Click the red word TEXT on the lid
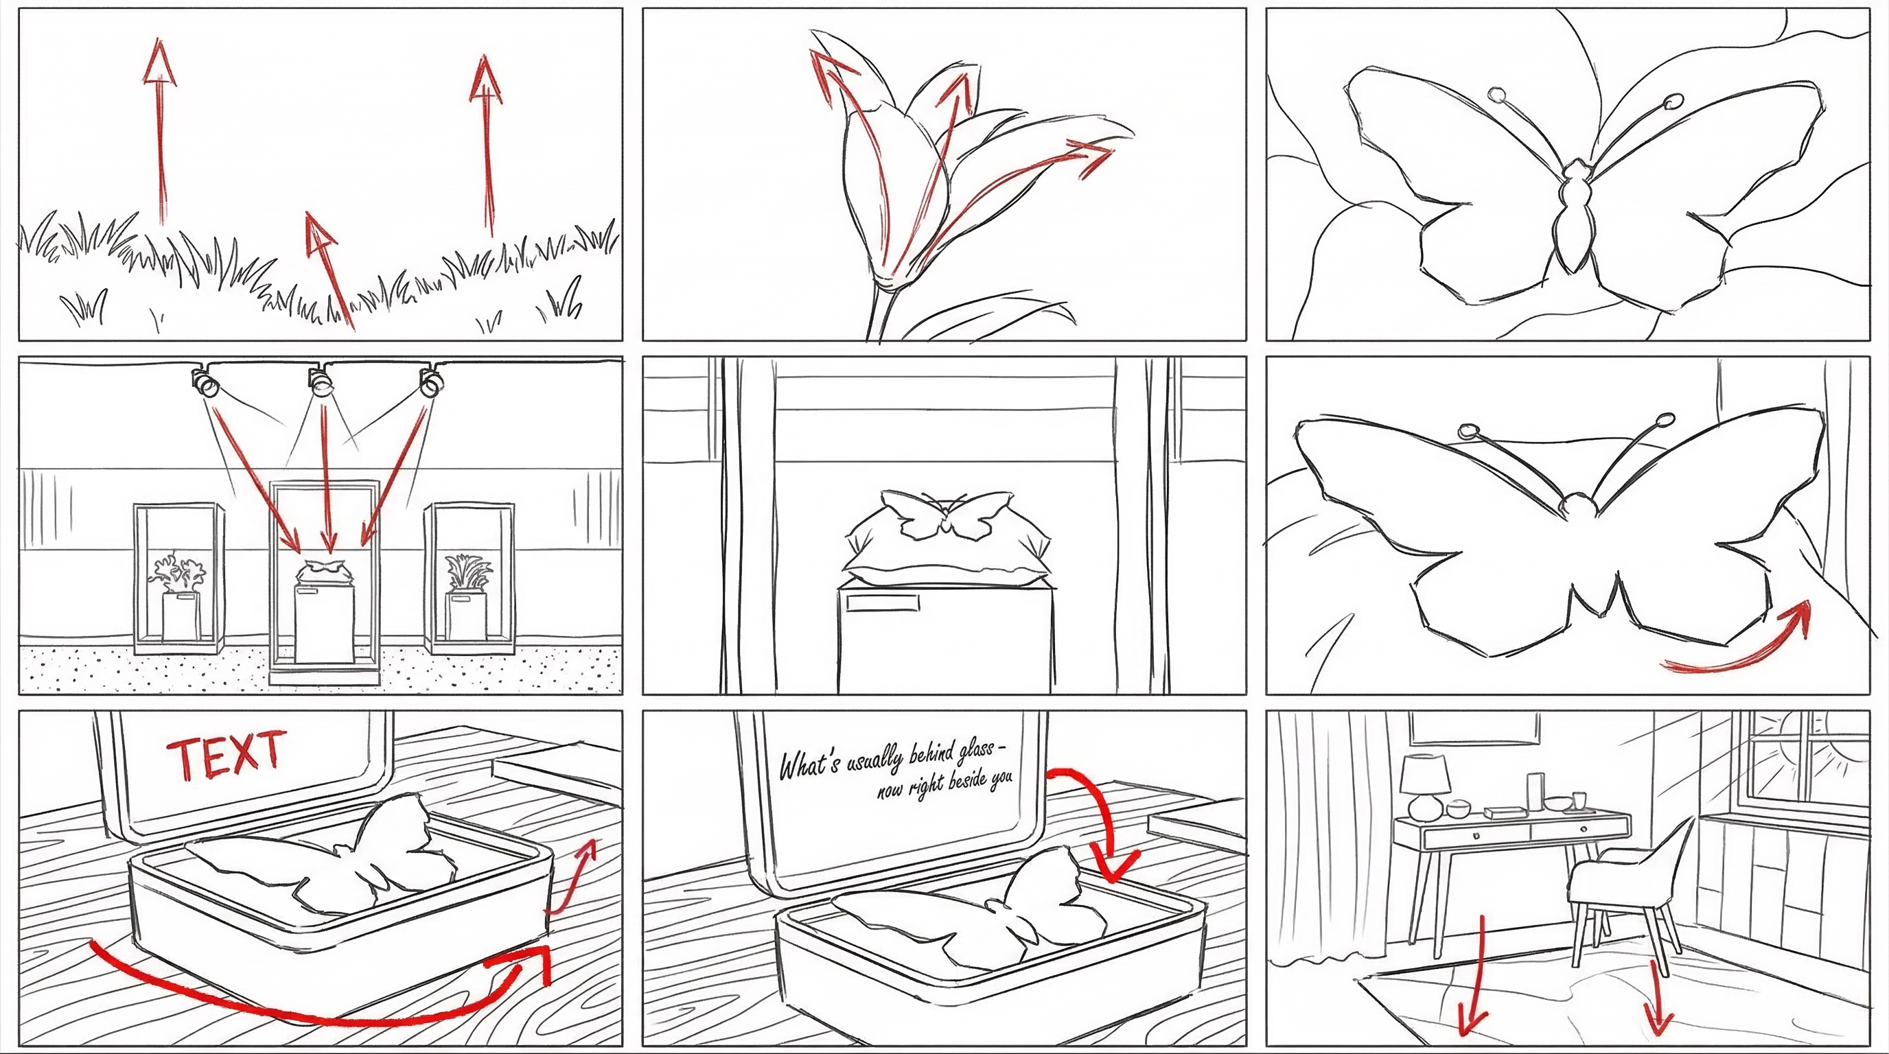click(x=226, y=754)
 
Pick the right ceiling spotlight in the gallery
click(x=431, y=381)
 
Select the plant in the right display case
click(x=467, y=572)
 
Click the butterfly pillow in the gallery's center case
click(x=325, y=570)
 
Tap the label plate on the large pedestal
click(x=882, y=602)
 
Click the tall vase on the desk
click(x=1535, y=792)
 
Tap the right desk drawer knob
click(x=1584, y=829)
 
